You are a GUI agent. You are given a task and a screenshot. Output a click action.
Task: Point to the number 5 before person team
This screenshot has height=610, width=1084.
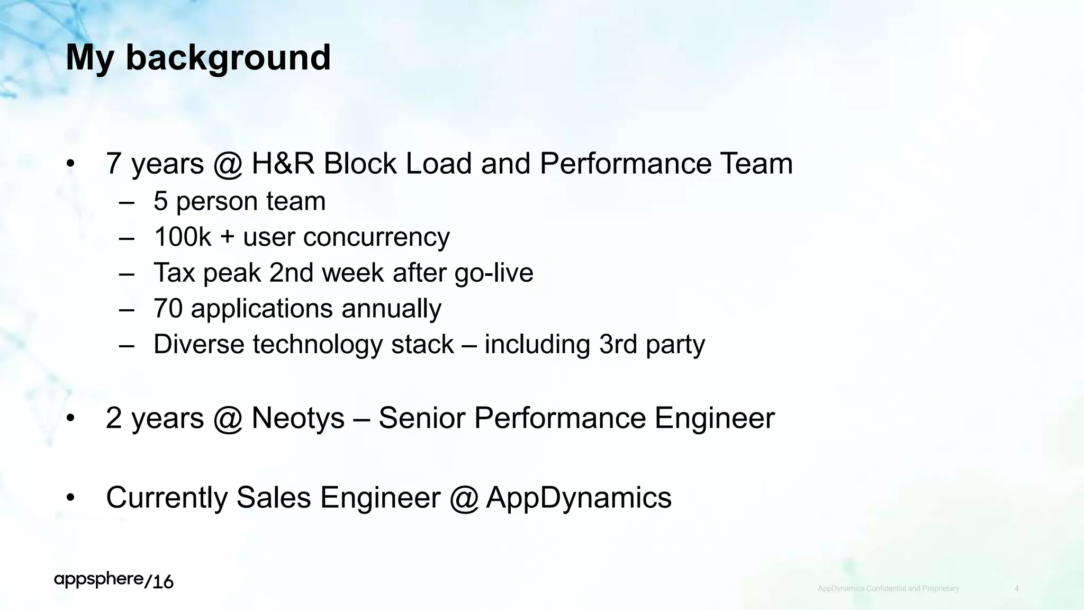(160, 202)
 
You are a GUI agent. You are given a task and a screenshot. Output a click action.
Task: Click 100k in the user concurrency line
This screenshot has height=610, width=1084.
(183, 237)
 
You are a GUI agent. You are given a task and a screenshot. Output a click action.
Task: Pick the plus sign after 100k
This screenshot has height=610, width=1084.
(227, 237)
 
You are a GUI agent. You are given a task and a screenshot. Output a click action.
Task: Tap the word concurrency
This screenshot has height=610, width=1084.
(346, 238)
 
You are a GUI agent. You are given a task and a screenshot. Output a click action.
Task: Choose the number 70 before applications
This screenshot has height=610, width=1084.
(168, 309)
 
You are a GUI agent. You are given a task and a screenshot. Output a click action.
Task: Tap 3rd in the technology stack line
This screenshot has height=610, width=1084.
(618, 344)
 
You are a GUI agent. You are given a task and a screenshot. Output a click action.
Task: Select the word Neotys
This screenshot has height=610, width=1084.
(298, 418)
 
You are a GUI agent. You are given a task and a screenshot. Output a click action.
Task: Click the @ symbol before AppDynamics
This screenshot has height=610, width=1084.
(464, 498)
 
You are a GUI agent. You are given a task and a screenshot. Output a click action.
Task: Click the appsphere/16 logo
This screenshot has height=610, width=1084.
(114, 580)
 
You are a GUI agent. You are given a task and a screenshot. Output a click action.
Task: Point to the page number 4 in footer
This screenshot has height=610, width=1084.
(1016, 589)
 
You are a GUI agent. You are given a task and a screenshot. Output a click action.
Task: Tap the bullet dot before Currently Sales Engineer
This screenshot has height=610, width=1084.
(71, 498)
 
